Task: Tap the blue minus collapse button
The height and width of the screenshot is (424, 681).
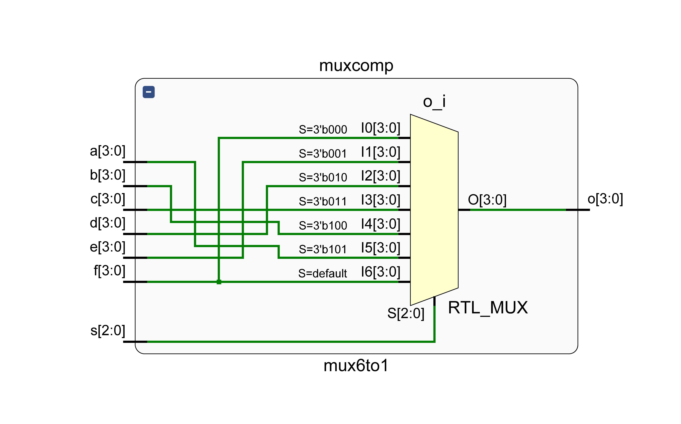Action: [x=149, y=92]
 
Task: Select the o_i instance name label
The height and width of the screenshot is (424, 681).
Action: [x=434, y=102]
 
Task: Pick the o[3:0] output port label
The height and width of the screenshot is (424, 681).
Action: [x=605, y=199]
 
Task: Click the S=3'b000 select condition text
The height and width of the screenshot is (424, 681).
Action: [x=323, y=130]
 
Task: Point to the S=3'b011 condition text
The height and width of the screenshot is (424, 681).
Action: [x=323, y=201]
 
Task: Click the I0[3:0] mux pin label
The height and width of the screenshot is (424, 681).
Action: [x=381, y=128]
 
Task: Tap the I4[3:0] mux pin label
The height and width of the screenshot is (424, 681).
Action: [x=381, y=224]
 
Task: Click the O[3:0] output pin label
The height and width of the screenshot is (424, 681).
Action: [x=487, y=200]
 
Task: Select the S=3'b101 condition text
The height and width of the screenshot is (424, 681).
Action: [x=323, y=249]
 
